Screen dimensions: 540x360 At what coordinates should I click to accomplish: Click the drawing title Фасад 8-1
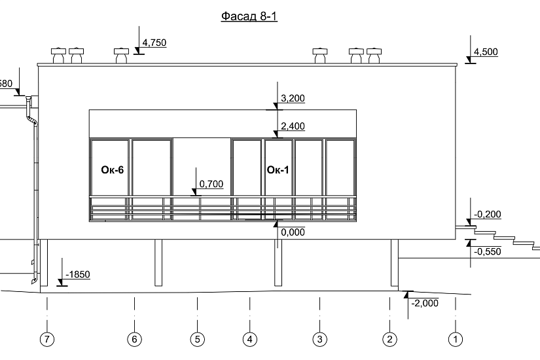pyautogui.click(x=249, y=16)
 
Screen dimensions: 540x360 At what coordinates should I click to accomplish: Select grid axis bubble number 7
pyautogui.click(x=47, y=339)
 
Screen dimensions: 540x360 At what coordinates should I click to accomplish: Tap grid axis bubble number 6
pyautogui.click(x=134, y=339)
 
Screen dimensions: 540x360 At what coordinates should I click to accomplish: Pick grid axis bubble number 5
pyautogui.click(x=197, y=339)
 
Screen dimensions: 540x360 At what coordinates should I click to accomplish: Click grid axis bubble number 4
pyautogui.click(x=249, y=339)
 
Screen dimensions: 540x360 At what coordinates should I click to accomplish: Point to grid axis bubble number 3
pyautogui.click(x=319, y=339)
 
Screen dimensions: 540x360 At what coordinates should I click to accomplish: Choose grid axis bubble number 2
pyautogui.click(x=389, y=339)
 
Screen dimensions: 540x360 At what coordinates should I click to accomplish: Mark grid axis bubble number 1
pyautogui.click(x=456, y=339)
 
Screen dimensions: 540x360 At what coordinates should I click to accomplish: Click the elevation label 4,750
pyautogui.click(x=154, y=43)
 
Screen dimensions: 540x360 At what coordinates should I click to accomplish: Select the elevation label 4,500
pyautogui.click(x=486, y=52)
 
